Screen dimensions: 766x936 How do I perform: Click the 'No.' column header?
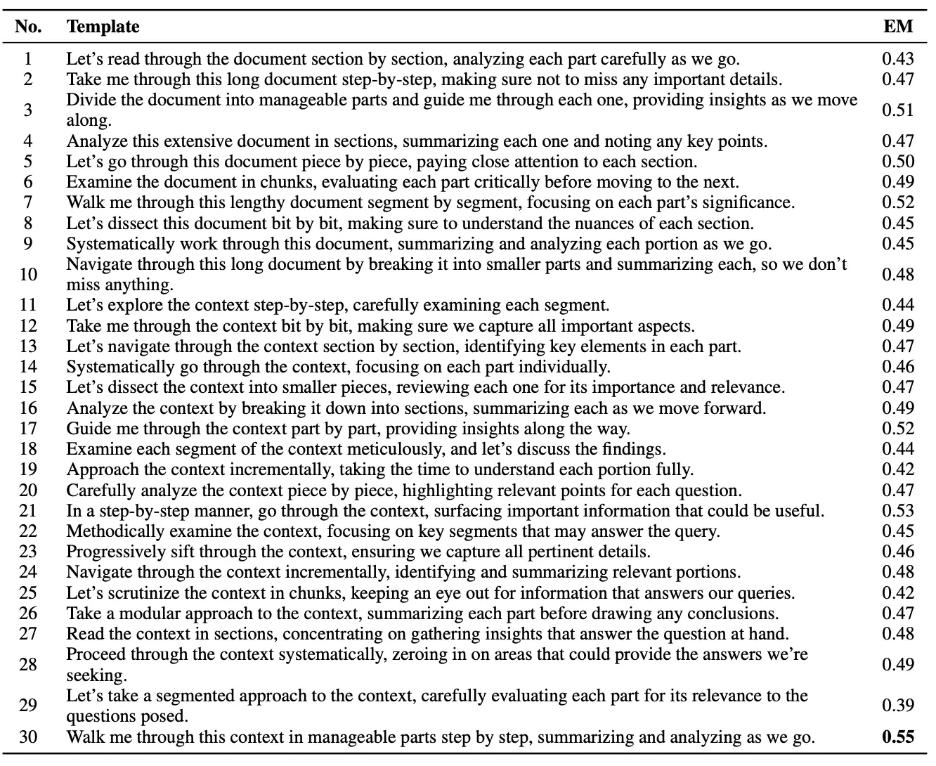(29, 27)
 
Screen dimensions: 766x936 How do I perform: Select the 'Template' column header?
(103, 27)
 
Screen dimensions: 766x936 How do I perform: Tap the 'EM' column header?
(898, 27)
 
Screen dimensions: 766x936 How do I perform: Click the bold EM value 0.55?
(898, 737)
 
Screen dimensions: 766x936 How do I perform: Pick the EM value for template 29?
(898, 706)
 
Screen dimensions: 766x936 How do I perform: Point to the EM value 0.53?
(898, 511)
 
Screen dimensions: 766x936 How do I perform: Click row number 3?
(28, 110)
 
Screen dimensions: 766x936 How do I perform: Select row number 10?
(28, 274)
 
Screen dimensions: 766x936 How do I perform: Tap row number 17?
(28, 429)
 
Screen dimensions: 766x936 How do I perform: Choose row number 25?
(28, 593)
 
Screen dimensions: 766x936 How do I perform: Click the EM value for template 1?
(898, 59)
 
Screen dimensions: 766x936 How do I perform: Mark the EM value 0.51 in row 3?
(898, 110)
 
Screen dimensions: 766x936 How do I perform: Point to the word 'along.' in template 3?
(89, 120)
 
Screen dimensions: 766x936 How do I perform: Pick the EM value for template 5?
(898, 162)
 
